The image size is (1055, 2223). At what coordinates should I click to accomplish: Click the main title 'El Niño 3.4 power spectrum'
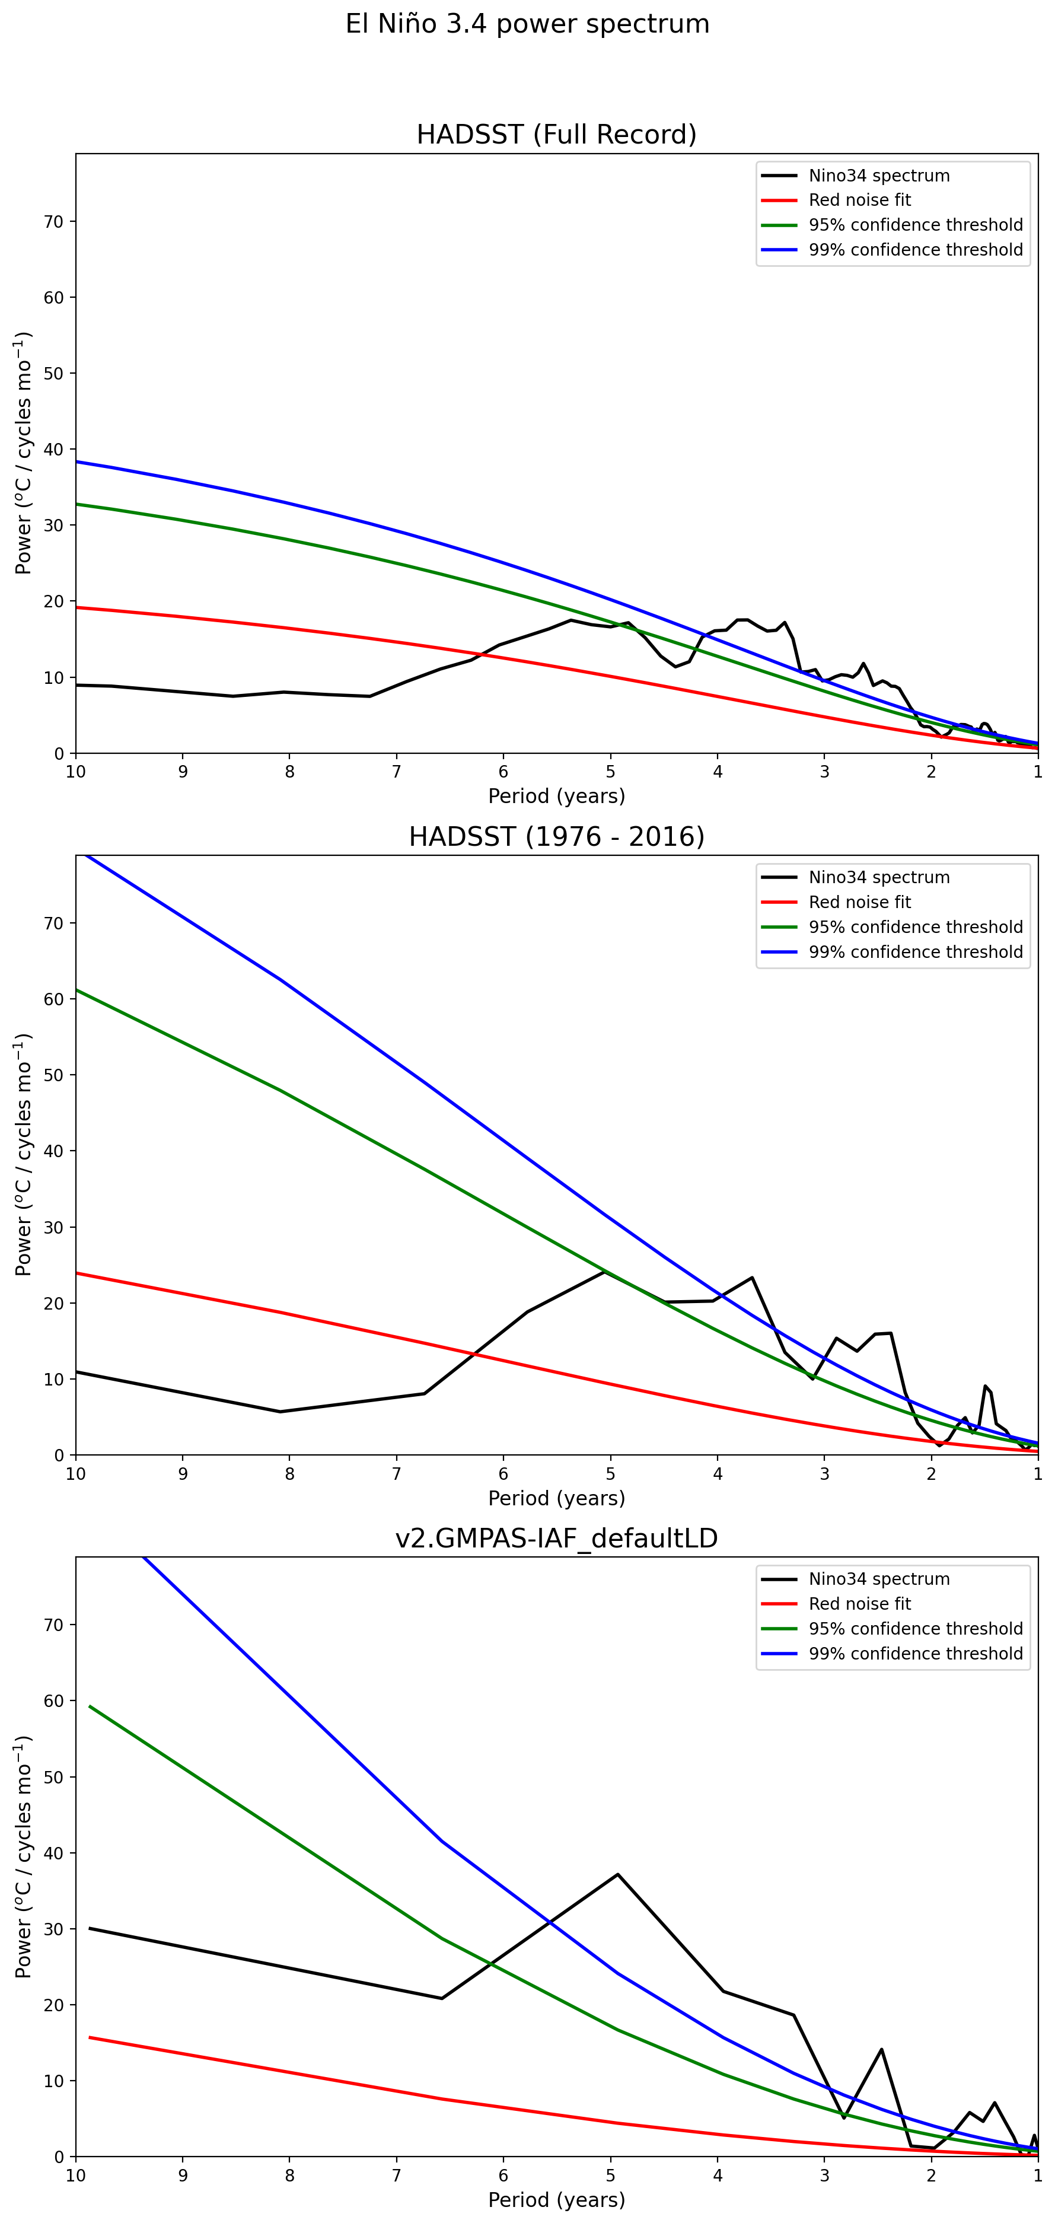(x=527, y=24)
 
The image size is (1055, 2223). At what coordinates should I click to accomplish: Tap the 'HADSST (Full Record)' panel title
(x=556, y=135)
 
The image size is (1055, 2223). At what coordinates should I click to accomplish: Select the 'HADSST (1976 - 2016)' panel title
(x=556, y=836)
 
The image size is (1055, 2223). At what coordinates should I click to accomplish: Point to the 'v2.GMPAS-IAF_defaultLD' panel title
(x=556, y=1538)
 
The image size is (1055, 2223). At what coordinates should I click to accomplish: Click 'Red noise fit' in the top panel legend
(x=859, y=200)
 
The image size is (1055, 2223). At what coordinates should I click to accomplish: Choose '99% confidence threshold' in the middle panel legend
(x=915, y=952)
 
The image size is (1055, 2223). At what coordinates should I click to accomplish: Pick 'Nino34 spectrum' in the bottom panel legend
(x=878, y=1579)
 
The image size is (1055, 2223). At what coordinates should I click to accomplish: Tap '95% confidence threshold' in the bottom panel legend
(x=915, y=1629)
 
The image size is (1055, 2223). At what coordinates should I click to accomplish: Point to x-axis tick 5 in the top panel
(x=611, y=772)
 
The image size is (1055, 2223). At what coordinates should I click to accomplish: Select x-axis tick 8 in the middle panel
(x=290, y=1473)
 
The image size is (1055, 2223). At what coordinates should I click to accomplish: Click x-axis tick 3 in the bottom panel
(x=825, y=2175)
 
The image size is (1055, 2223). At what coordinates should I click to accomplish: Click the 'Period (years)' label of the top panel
(x=556, y=795)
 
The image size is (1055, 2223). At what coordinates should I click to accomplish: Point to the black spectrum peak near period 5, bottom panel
(x=618, y=1874)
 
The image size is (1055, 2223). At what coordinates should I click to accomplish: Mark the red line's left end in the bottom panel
(x=90, y=2037)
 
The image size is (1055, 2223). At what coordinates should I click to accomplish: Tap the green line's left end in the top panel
(x=77, y=504)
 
